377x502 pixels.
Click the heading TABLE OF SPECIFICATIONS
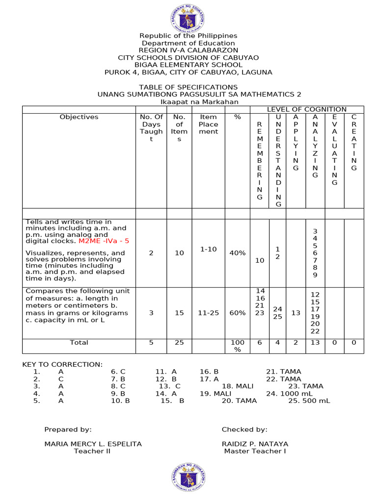point(188,87)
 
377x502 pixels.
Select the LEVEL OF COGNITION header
point(306,109)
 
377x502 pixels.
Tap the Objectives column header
point(79,117)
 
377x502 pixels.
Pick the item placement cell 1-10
point(208,250)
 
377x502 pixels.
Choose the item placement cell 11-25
point(208,313)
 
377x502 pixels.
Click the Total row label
point(79,343)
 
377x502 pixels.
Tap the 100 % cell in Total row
point(237,346)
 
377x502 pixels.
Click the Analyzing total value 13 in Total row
point(315,343)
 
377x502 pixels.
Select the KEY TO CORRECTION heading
point(62,364)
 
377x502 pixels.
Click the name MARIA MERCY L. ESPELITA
point(93,444)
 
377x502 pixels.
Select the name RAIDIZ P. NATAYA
point(255,444)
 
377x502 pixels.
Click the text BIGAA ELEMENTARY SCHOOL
point(188,65)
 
